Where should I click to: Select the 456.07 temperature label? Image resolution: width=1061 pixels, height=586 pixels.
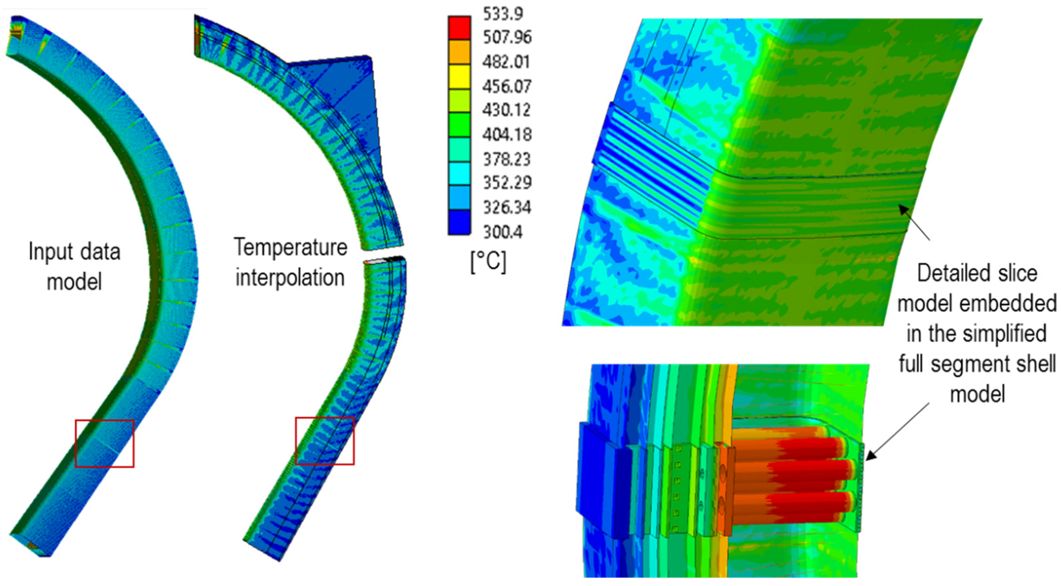click(x=507, y=86)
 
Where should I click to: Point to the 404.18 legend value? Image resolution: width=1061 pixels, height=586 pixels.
click(x=507, y=135)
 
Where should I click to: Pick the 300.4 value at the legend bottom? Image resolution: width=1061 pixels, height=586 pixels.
click(x=503, y=232)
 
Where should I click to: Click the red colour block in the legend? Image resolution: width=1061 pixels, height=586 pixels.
click(x=459, y=28)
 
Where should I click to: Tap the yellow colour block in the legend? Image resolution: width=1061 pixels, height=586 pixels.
click(x=459, y=77)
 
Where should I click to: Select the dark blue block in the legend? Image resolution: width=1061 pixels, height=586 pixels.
click(x=459, y=222)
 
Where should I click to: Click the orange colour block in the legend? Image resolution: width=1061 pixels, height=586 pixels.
click(x=459, y=52)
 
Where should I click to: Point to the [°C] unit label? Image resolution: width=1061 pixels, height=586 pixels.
click(x=488, y=262)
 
